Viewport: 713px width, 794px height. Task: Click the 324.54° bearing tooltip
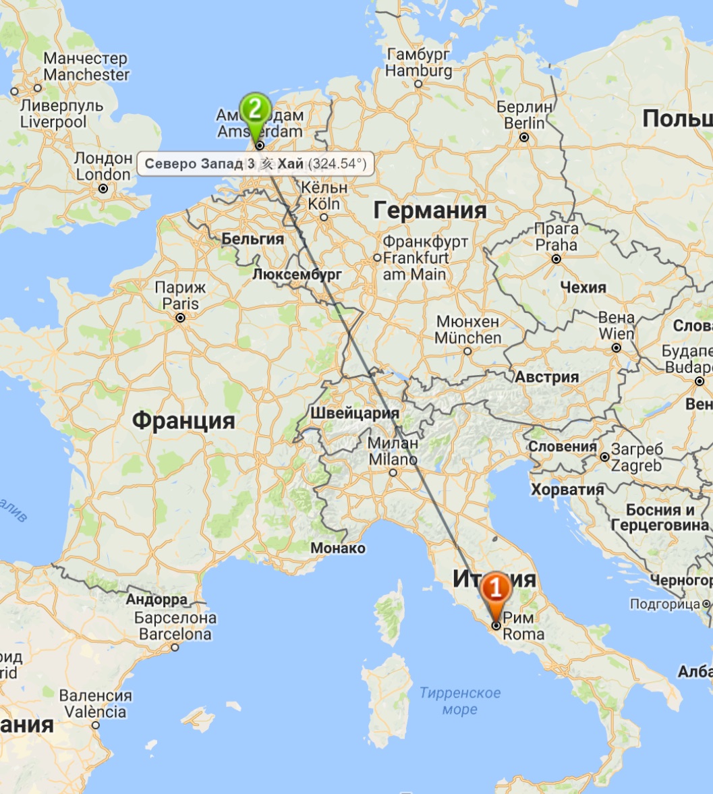[256, 164]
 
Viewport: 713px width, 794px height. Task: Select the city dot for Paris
[180, 318]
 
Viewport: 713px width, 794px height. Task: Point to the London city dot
[103, 189]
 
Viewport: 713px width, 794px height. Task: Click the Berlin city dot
[524, 138]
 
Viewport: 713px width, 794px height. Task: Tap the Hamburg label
[419, 63]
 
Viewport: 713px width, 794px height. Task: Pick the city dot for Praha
[557, 259]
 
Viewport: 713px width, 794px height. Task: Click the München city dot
[467, 351]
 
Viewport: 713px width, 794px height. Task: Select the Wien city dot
[616, 348]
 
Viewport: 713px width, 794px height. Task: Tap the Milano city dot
[393, 473]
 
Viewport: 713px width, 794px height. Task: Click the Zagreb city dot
[605, 457]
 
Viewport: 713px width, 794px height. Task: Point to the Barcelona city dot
[175, 647]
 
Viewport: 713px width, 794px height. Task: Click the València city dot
[96, 725]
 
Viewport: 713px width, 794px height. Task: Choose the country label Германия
[430, 210]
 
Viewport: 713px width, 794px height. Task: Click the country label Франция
[183, 421]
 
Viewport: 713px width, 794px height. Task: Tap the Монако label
[337, 548]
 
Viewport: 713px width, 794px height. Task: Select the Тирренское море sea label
[460, 701]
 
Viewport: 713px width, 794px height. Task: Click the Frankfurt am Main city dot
[377, 258]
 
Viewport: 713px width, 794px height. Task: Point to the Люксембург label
[297, 275]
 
